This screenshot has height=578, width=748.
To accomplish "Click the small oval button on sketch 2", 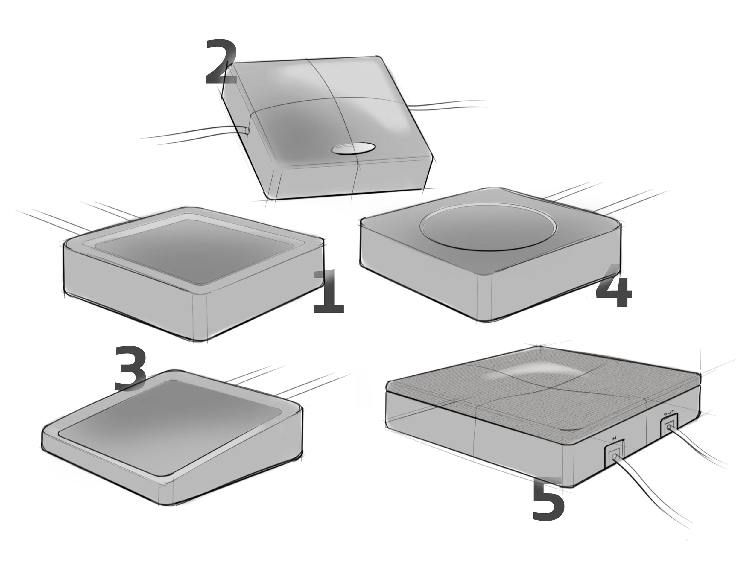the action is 353,148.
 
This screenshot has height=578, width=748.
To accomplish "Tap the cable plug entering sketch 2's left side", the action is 246,130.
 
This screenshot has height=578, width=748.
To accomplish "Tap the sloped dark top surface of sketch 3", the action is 171,428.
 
